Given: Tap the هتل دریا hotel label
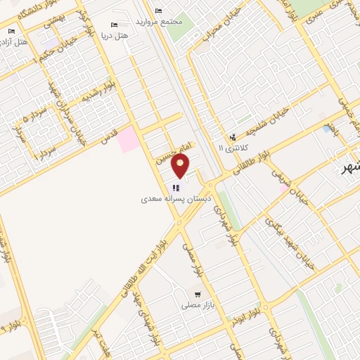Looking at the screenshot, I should point(115,34).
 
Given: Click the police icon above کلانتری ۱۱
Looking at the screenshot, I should point(232,137).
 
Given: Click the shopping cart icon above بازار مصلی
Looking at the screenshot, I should point(198,295).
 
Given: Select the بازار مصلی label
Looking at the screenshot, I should point(196,306).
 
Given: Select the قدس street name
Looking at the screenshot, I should point(108,139).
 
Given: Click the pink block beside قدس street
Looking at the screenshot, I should point(127,140).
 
